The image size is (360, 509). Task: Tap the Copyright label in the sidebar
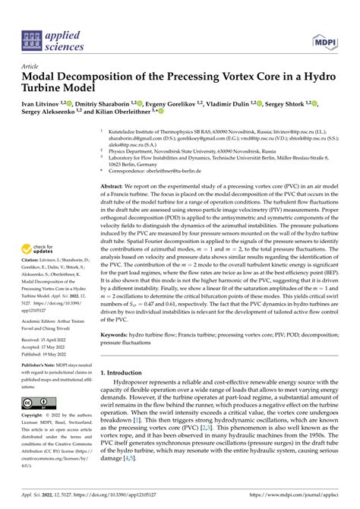click(35, 416)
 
